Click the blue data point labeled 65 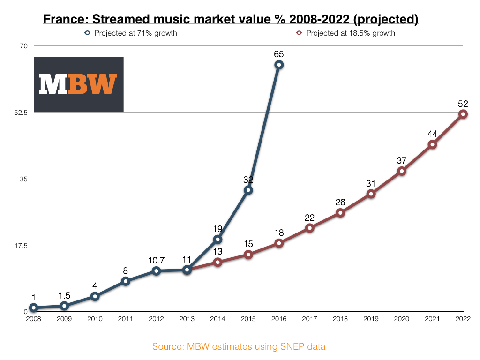click(278, 65)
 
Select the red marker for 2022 click(463, 114)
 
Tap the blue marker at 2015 click(248, 190)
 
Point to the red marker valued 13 click(217, 262)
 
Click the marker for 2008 click(34, 308)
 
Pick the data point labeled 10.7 click(156, 271)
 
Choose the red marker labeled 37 click(401, 171)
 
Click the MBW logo click(78, 84)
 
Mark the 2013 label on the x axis click(187, 319)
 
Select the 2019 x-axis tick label click(371, 319)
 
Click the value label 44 click(432, 134)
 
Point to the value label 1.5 click(64, 296)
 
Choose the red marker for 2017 click(309, 228)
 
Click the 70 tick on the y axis click(24, 46)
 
